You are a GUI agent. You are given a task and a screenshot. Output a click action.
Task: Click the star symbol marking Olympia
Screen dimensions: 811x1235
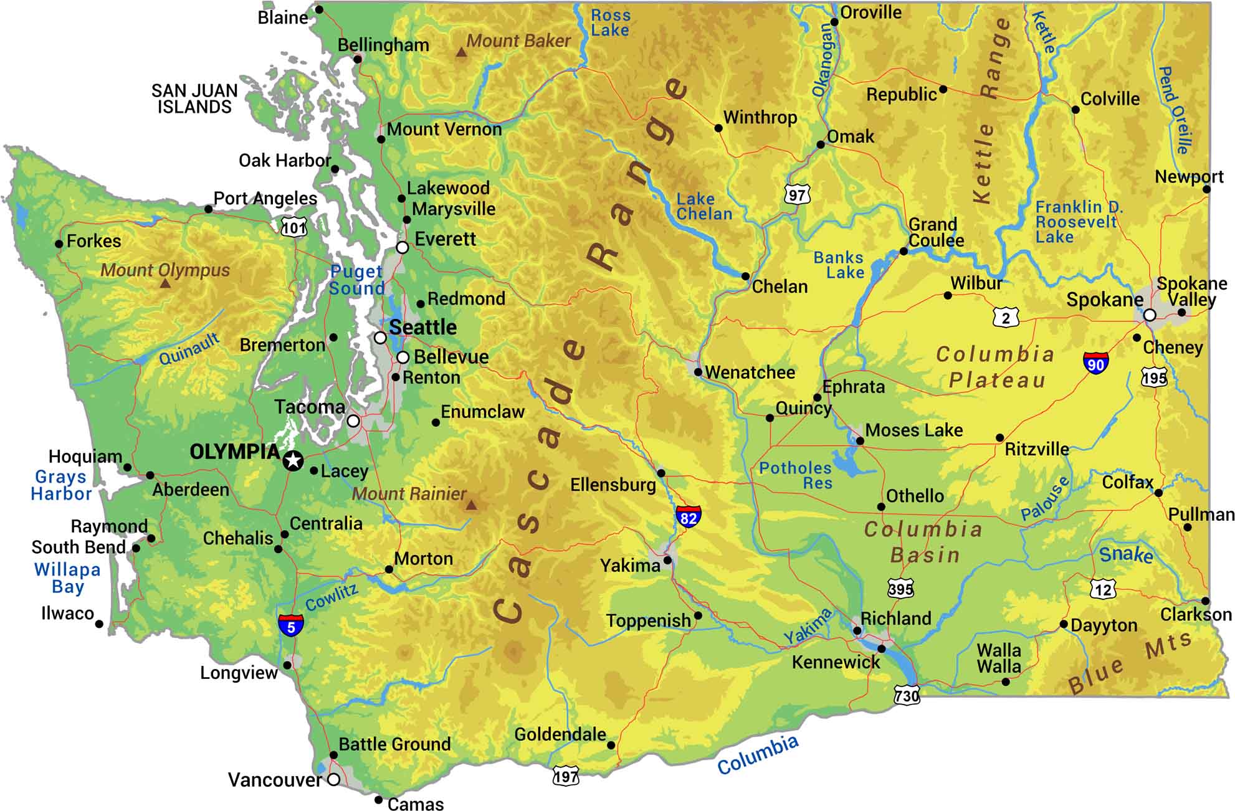(x=293, y=461)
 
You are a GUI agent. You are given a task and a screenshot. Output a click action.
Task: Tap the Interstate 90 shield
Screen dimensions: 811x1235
(x=1095, y=363)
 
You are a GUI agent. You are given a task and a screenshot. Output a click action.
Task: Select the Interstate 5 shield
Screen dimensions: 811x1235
(x=291, y=625)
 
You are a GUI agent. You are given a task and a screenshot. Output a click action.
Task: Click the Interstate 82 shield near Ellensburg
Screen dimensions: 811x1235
(x=688, y=517)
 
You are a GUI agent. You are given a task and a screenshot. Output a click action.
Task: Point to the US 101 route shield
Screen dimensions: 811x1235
(x=294, y=227)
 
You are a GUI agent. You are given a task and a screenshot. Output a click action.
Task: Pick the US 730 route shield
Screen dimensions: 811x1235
(x=907, y=695)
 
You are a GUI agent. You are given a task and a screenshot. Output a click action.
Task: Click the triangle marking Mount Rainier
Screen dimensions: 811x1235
(x=472, y=505)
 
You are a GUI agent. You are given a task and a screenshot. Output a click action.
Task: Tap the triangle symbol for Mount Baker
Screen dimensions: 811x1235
(x=461, y=53)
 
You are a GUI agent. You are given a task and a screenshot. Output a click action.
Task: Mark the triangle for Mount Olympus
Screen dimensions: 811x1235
(x=165, y=283)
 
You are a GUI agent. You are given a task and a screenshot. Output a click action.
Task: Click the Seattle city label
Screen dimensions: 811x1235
(x=422, y=327)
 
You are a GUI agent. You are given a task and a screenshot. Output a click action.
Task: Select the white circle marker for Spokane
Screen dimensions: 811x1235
(x=1150, y=315)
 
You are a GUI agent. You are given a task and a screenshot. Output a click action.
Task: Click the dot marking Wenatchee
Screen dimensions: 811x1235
(x=698, y=372)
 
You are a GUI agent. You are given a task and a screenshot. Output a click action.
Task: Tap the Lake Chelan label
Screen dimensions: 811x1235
(x=704, y=206)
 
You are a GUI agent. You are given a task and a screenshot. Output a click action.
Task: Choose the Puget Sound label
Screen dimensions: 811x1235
(x=356, y=280)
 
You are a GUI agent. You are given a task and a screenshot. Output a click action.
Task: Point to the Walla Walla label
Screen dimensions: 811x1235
(x=999, y=658)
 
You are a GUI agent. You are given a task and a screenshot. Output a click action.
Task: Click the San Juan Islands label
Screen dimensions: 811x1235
(x=194, y=99)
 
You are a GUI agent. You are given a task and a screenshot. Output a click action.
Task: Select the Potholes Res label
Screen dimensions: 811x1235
(x=795, y=475)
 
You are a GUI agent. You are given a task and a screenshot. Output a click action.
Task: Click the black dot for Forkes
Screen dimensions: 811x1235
(x=59, y=244)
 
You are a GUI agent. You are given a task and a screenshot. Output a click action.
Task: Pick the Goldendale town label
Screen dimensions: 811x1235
(x=560, y=734)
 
